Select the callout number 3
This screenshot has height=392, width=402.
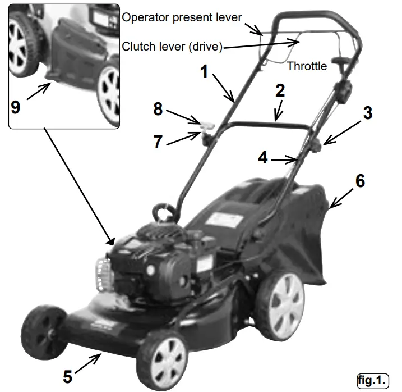pyautogui.click(x=367, y=112)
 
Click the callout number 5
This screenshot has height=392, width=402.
pyautogui.click(x=67, y=376)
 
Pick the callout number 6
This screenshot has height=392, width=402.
pyautogui.click(x=360, y=181)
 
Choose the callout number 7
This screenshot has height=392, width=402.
pyautogui.click(x=159, y=142)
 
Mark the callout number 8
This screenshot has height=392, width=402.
pyautogui.click(x=159, y=110)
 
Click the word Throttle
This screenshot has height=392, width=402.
pyautogui.click(x=307, y=66)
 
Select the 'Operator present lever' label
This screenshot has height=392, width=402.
pyautogui.click(x=182, y=17)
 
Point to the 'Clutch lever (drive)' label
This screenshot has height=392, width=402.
pyautogui.click(x=172, y=47)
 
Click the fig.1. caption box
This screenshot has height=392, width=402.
pyautogui.click(x=373, y=380)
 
